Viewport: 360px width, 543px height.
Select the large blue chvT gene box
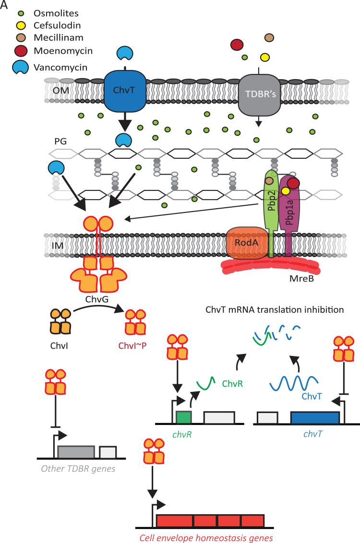(x=314, y=418)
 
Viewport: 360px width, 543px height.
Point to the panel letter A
(x=4, y=5)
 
